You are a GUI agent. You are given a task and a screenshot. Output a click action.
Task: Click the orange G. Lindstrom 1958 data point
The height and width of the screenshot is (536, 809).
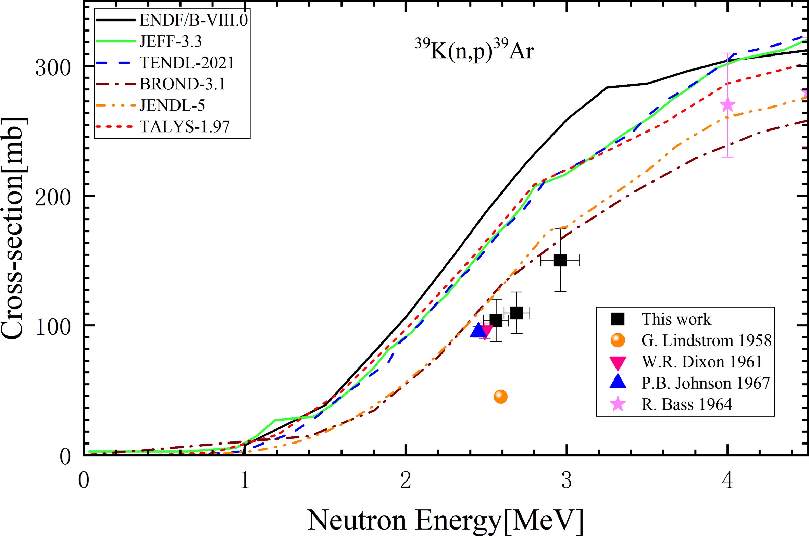pyautogui.click(x=500, y=397)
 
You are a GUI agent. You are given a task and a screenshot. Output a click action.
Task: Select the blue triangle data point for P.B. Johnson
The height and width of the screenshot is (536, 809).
pyautogui.click(x=479, y=331)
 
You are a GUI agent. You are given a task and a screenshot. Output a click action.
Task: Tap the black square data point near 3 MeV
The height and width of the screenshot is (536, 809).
pyautogui.click(x=560, y=260)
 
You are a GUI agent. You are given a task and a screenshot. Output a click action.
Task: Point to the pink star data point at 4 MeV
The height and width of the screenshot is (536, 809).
pyautogui.click(x=727, y=105)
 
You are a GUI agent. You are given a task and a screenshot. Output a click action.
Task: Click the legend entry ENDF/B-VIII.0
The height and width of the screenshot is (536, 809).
pyautogui.click(x=194, y=21)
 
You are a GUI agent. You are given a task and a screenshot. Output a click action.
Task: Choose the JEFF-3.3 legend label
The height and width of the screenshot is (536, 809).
pyautogui.click(x=171, y=41)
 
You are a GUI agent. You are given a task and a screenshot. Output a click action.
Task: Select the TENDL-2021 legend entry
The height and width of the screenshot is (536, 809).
pyautogui.click(x=187, y=63)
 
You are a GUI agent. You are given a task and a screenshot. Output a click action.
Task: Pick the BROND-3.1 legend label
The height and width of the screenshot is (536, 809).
pyautogui.click(x=182, y=84)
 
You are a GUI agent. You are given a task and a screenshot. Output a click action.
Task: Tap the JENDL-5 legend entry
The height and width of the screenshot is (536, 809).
pyautogui.click(x=172, y=105)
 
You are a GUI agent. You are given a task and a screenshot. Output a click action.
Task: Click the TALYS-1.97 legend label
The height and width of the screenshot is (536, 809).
pyautogui.click(x=185, y=127)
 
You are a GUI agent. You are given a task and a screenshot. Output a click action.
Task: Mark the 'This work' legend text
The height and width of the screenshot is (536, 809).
pyautogui.click(x=676, y=319)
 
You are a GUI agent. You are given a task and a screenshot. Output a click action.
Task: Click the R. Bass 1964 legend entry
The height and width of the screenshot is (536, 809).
pyautogui.click(x=686, y=404)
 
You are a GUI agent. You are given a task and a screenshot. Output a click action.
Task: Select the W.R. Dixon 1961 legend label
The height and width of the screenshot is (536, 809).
pyautogui.click(x=701, y=362)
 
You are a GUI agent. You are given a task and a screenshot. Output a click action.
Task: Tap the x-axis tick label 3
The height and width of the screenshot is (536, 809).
pyautogui.click(x=567, y=480)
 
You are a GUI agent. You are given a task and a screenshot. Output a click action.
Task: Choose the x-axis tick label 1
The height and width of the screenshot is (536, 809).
pyautogui.click(x=245, y=480)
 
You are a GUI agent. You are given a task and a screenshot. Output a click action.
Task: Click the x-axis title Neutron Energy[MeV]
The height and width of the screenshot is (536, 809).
pyautogui.click(x=445, y=520)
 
